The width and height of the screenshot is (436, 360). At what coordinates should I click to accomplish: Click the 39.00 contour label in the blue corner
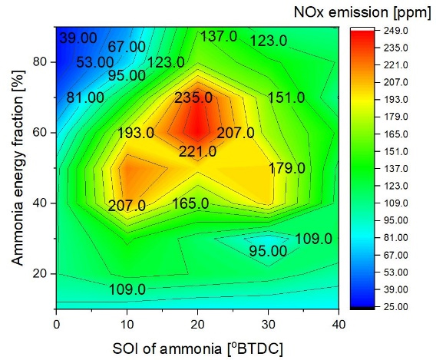(x=78, y=38)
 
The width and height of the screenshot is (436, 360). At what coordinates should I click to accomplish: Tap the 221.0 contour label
(x=197, y=152)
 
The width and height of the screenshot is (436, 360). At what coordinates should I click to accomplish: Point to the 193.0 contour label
(x=136, y=134)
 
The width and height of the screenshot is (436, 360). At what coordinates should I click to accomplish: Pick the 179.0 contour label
(x=287, y=169)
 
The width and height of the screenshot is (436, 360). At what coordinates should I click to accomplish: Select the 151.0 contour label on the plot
(x=287, y=97)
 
